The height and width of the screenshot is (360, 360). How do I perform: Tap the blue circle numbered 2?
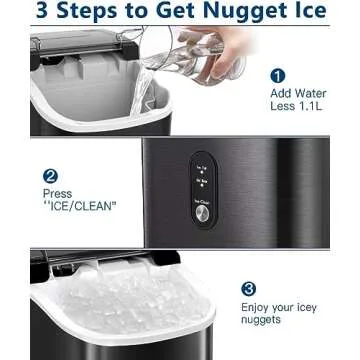[50, 176]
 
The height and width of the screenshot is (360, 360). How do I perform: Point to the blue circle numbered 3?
[249, 289]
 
